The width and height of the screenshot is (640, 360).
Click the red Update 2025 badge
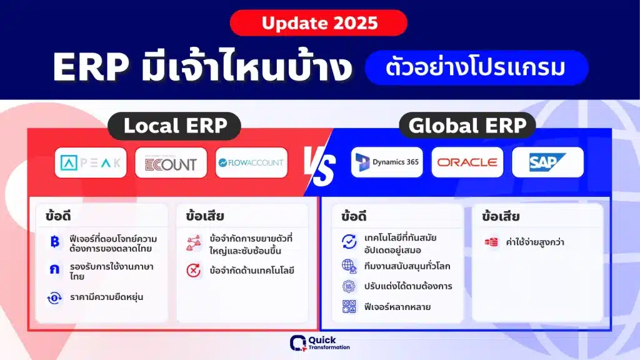point(318,23)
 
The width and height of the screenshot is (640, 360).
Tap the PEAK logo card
point(91,163)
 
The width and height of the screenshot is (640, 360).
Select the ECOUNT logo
point(171,163)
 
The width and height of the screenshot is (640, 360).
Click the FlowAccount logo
point(251,163)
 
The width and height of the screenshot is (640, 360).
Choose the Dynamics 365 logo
point(387,162)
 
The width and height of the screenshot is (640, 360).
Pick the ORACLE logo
point(467,162)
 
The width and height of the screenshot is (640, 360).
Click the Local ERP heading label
point(175,126)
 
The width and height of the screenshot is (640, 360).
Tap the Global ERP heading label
point(467,125)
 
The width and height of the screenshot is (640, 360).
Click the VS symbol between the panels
point(319,165)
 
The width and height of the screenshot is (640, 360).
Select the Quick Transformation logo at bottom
point(319,343)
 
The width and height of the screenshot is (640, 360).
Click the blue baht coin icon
point(55,242)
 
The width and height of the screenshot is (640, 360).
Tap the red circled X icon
point(194,270)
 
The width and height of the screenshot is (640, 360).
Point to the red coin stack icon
point(491,242)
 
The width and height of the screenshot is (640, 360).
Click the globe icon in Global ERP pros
point(349,266)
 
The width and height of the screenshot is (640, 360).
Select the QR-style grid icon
point(349,306)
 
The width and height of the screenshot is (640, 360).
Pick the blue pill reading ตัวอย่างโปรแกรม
point(476,67)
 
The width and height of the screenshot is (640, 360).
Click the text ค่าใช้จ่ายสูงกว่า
point(535,242)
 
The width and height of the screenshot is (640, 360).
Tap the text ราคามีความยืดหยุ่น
point(106,297)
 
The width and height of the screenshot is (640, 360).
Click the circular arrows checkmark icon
point(349,242)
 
